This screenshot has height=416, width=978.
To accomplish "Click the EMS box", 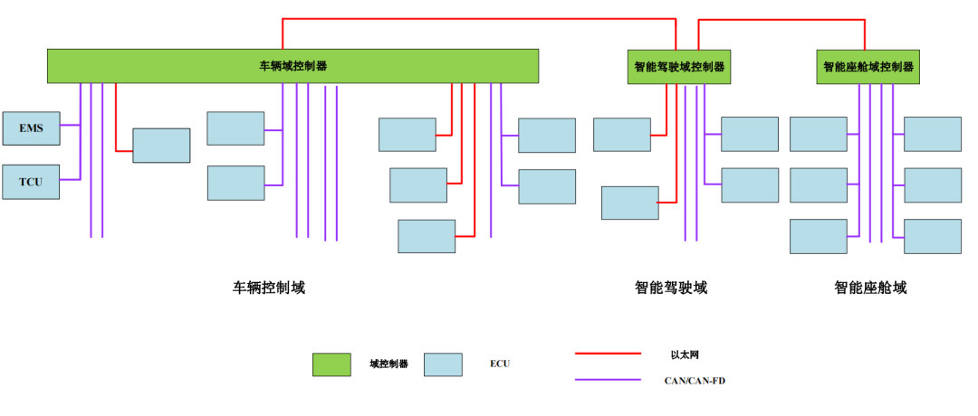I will pyautogui.click(x=31, y=128).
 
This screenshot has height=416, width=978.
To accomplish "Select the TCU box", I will pyautogui.click(x=31, y=181).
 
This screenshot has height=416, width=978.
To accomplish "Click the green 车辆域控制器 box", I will pyautogui.click(x=292, y=66).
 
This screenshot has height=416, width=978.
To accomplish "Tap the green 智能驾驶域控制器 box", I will pyautogui.click(x=679, y=67).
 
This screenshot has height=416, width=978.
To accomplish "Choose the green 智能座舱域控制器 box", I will pyautogui.click(x=868, y=67).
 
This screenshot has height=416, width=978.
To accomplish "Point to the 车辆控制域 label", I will pyautogui.click(x=269, y=288).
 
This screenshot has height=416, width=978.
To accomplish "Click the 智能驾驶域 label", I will pyautogui.click(x=671, y=288).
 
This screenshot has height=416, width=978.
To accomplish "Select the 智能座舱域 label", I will pyautogui.click(x=870, y=288).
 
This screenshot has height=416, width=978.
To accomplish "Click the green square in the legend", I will pyautogui.click(x=331, y=364).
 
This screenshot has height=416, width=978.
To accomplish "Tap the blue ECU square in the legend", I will pyautogui.click(x=443, y=364).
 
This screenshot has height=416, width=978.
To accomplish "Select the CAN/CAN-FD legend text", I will pyautogui.click(x=695, y=381).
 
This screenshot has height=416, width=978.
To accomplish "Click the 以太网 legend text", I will pyautogui.click(x=685, y=355).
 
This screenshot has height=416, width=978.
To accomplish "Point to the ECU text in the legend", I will pyautogui.click(x=500, y=364).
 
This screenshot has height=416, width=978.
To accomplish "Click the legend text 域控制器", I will pyautogui.click(x=388, y=364).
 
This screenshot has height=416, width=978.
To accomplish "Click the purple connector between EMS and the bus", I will pyautogui.click(x=70, y=128).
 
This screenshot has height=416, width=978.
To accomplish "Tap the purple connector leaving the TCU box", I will pyautogui.click(x=70, y=180).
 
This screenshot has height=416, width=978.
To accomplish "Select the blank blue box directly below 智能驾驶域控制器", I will pyautogui.click(x=622, y=134).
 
